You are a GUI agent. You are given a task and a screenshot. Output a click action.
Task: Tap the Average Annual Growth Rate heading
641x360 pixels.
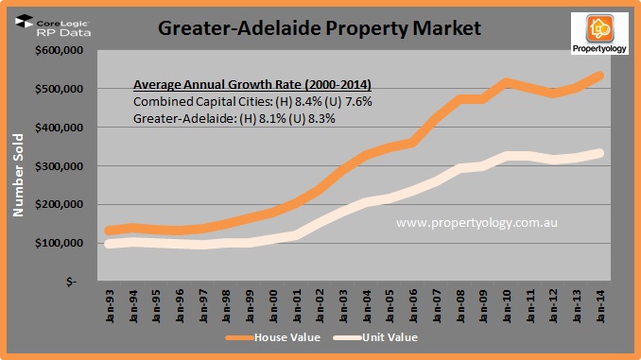[233, 82]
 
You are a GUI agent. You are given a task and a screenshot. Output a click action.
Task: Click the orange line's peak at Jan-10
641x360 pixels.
[506, 83]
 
